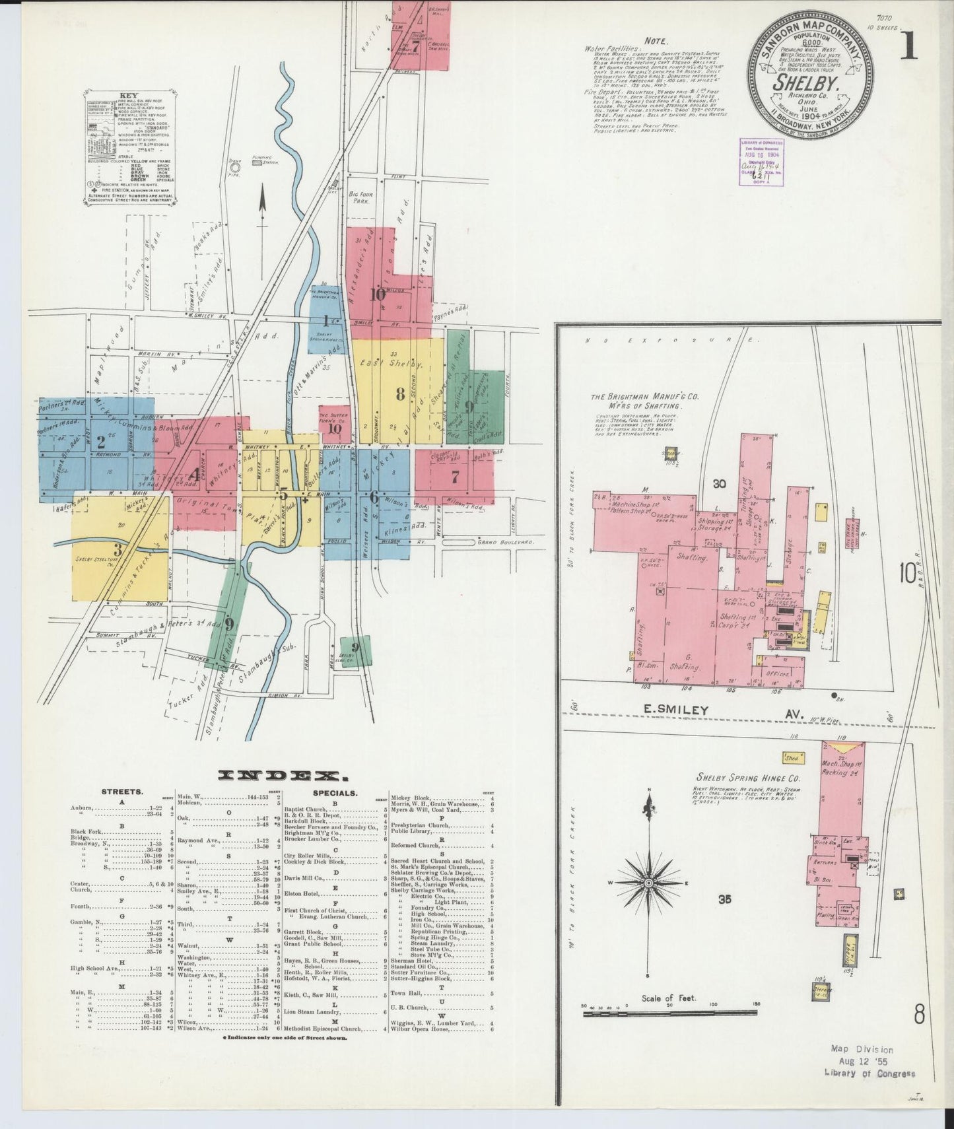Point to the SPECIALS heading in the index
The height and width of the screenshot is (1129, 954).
click(x=335, y=792)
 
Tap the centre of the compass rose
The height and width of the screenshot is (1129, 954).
click(x=649, y=883)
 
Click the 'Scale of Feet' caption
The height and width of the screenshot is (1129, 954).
click(x=669, y=998)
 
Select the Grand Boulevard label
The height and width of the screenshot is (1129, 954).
click(x=505, y=542)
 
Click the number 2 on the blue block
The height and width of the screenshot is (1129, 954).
click(x=101, y=442)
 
